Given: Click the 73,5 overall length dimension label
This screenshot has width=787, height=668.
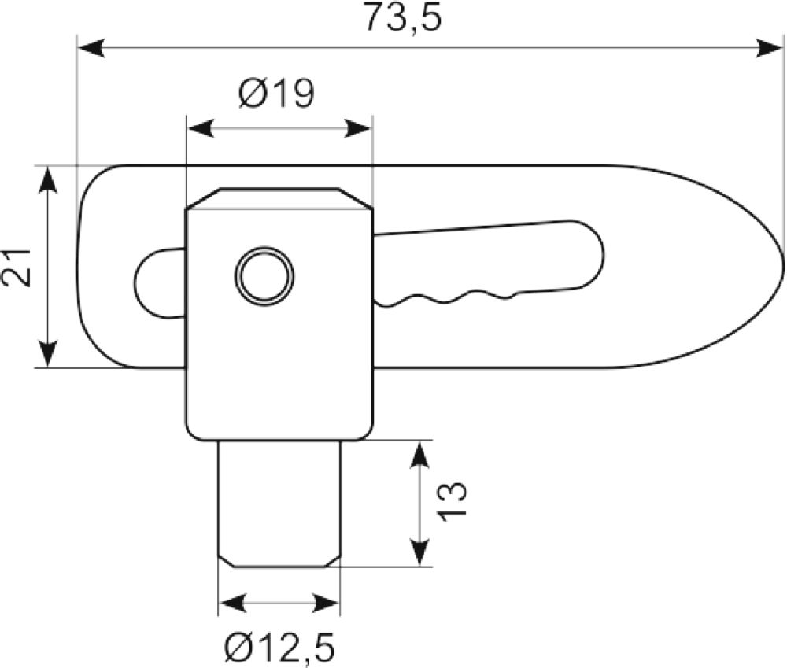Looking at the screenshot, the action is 403,18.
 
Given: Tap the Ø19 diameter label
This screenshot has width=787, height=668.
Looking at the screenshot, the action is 276,94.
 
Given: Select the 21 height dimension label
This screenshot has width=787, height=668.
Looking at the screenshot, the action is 17,267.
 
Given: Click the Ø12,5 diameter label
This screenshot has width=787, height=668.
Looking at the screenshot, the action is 279,648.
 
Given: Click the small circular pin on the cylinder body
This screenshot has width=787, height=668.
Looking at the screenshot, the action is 264,275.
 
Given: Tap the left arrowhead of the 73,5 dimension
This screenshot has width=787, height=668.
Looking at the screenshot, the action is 91,49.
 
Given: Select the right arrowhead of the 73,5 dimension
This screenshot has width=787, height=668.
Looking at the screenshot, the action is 770,49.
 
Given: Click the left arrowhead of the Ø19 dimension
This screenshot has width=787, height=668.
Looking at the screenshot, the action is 200,128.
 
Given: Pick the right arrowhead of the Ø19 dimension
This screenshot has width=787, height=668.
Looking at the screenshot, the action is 357,128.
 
